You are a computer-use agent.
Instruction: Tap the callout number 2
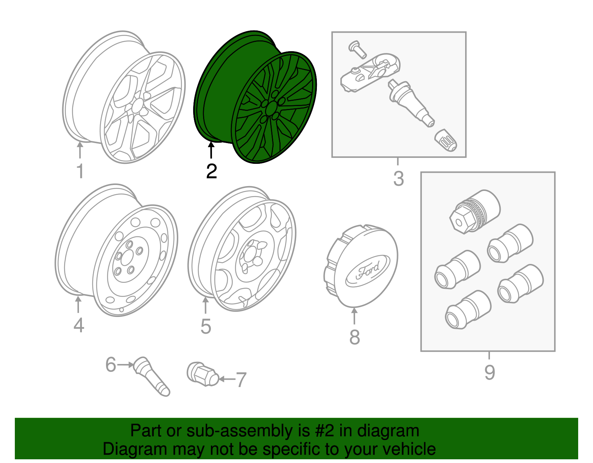211,172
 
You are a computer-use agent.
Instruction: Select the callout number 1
80,172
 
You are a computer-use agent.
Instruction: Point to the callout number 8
354,337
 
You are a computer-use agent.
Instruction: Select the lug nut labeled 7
202,374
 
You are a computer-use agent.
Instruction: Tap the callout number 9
489,373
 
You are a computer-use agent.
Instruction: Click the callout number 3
398,179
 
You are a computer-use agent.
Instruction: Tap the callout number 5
206,327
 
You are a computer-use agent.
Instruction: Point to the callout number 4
79,325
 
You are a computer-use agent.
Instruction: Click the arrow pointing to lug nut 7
227,379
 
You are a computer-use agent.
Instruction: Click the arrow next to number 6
126,365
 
